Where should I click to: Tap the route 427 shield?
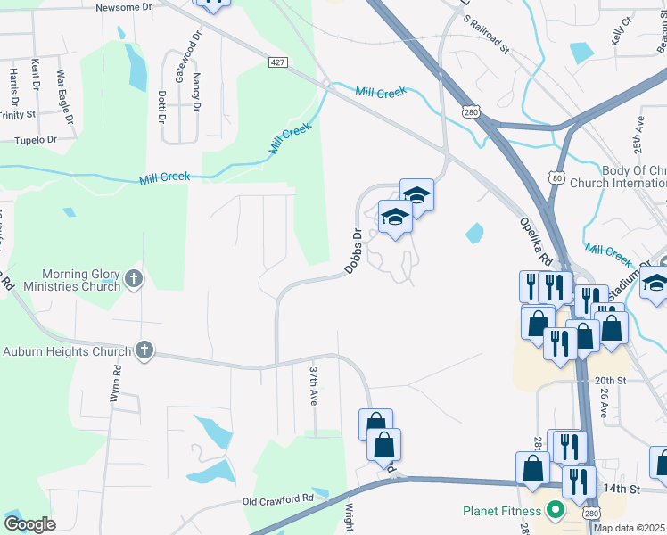(278, 62)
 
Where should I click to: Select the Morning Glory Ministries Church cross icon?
(134, 279)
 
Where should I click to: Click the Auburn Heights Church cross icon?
(144, 351)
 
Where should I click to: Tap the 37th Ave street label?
(314, 385)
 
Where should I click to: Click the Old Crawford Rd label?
(278, 500)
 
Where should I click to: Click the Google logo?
(29, 524)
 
